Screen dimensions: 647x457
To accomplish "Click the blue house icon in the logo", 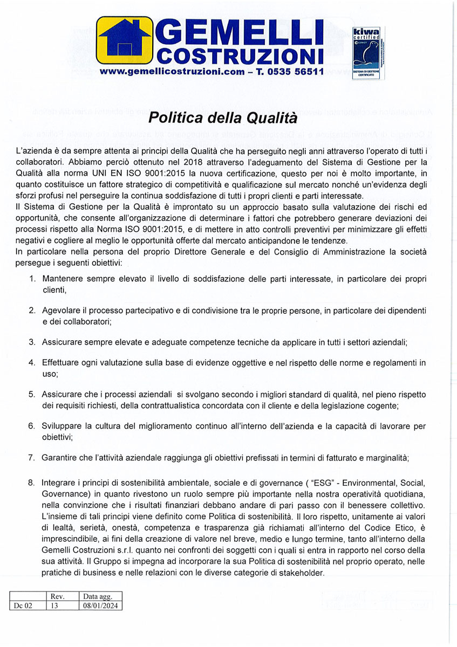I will [x=124, y=40].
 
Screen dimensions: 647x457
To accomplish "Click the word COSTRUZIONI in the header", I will [x=239, y=56].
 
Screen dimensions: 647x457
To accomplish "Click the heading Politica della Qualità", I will [x=223, y=116].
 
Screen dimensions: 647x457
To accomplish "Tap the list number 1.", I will [x=32, y=279].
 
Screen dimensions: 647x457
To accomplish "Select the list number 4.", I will [x=32, y=362].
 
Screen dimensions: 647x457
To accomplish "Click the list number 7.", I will [x=32, y=458].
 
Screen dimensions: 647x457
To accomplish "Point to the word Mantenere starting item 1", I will [x=63, y=279].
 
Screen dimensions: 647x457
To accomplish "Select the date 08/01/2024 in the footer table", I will [x=101, y=605].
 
